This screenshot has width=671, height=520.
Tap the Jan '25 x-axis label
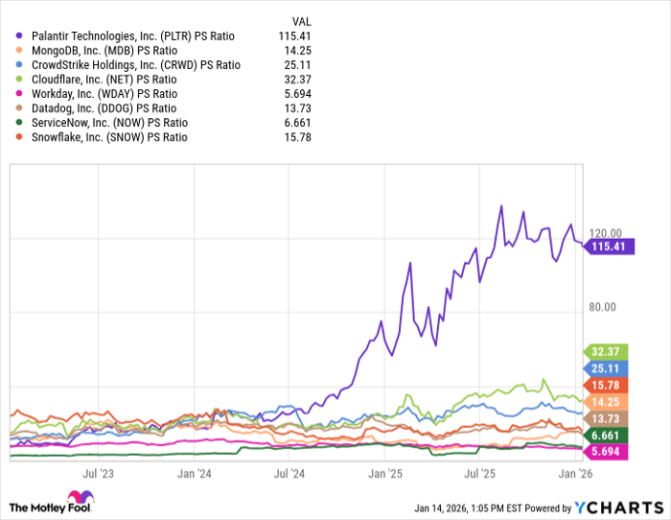385,473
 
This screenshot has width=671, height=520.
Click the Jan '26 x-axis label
574,473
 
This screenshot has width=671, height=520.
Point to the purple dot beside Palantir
20,35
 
